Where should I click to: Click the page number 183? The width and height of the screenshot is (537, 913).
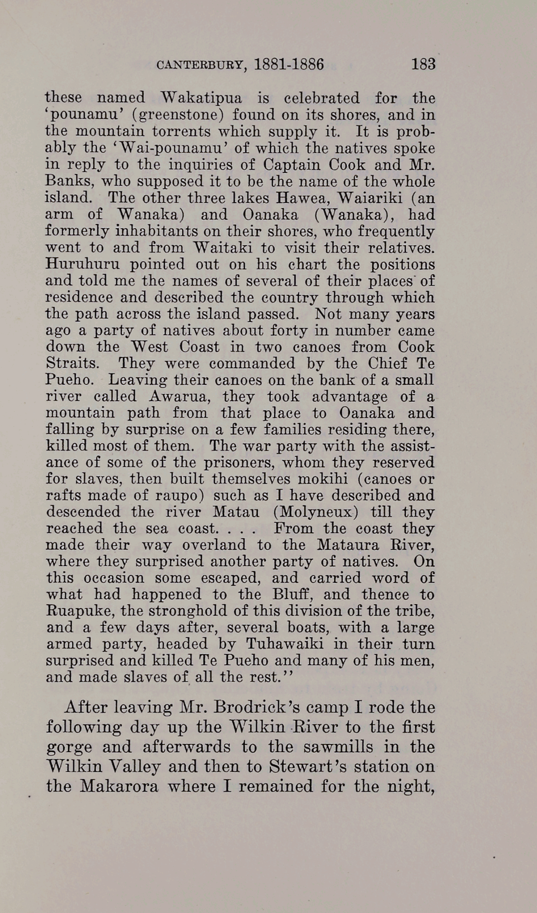(423, 64)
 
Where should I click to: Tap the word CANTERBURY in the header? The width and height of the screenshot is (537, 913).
(199, 65)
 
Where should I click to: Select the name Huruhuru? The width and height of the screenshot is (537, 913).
(81, 264)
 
